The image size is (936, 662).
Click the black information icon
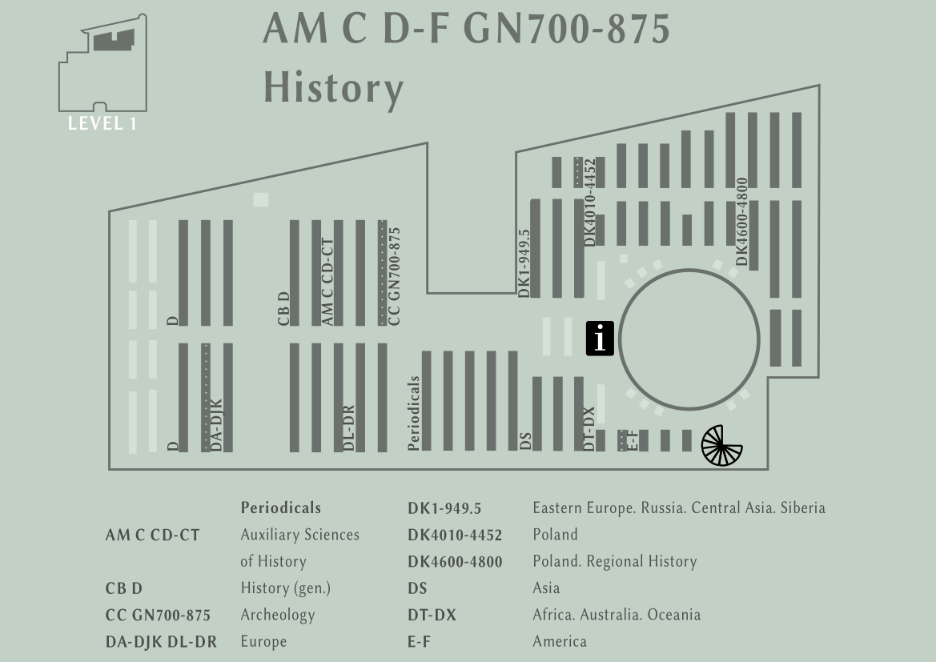[600, 339]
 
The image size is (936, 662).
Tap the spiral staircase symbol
[721, 445]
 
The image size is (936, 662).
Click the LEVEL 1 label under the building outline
[102, 123]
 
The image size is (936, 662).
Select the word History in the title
[334, 88]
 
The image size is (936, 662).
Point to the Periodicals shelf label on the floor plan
[414, 412]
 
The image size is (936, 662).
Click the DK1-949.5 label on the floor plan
[524, 263]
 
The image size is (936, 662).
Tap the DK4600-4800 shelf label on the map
[741, 222]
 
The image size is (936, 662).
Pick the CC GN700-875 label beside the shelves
[394, 276]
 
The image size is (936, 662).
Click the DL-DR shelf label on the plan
[348, 428]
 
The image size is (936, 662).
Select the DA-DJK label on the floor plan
[216, 425]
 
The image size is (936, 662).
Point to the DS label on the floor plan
[525, 441]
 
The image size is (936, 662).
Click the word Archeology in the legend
[278, 615]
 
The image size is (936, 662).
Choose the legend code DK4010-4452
[455, 535]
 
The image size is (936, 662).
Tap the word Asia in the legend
[546, 588]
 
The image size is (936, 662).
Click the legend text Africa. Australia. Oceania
[617, 614]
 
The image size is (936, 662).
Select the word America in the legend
[560, 641]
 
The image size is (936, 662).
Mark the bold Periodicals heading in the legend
[280, 508]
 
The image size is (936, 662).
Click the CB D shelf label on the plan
[283, 309]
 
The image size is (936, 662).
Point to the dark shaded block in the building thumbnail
[114, 40]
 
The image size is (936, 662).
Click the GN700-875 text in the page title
[567, 29]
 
